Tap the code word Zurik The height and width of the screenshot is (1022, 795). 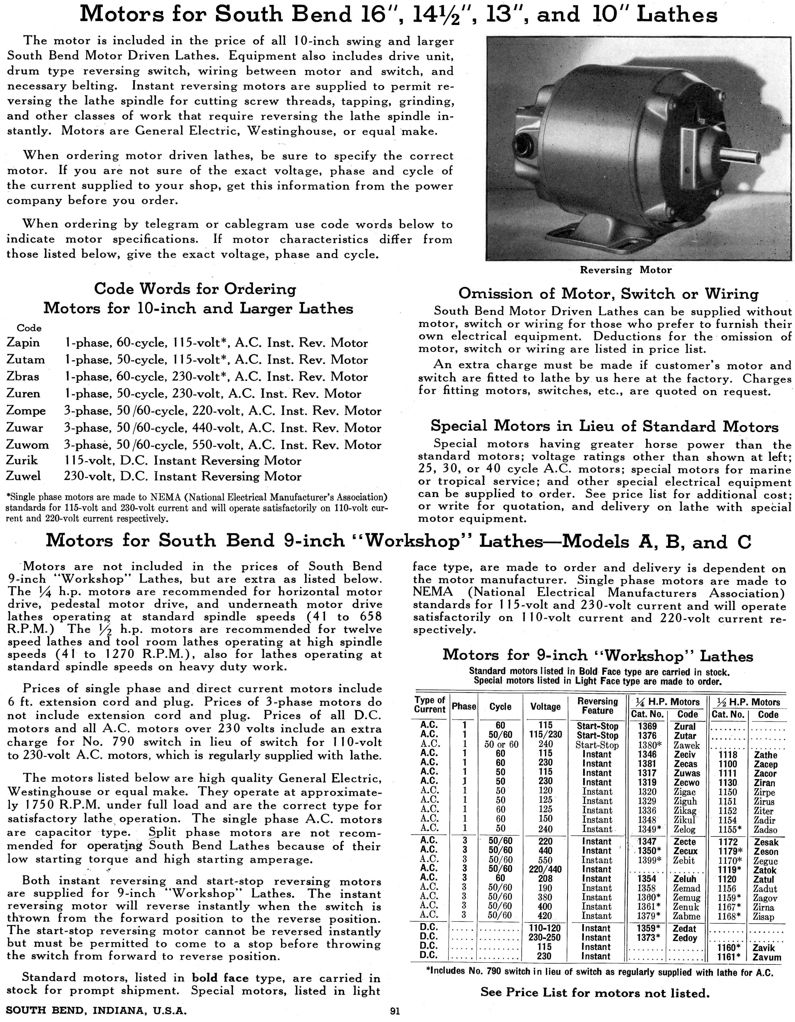pyautogui.click(x=22, y=460)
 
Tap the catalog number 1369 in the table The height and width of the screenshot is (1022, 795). pyautogui.click(x=647, y=726)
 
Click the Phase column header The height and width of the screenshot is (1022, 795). pyautogui.click(x=463, y=707)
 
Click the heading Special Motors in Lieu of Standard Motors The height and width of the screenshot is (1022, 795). pyautogui.click(x=604, y=426)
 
